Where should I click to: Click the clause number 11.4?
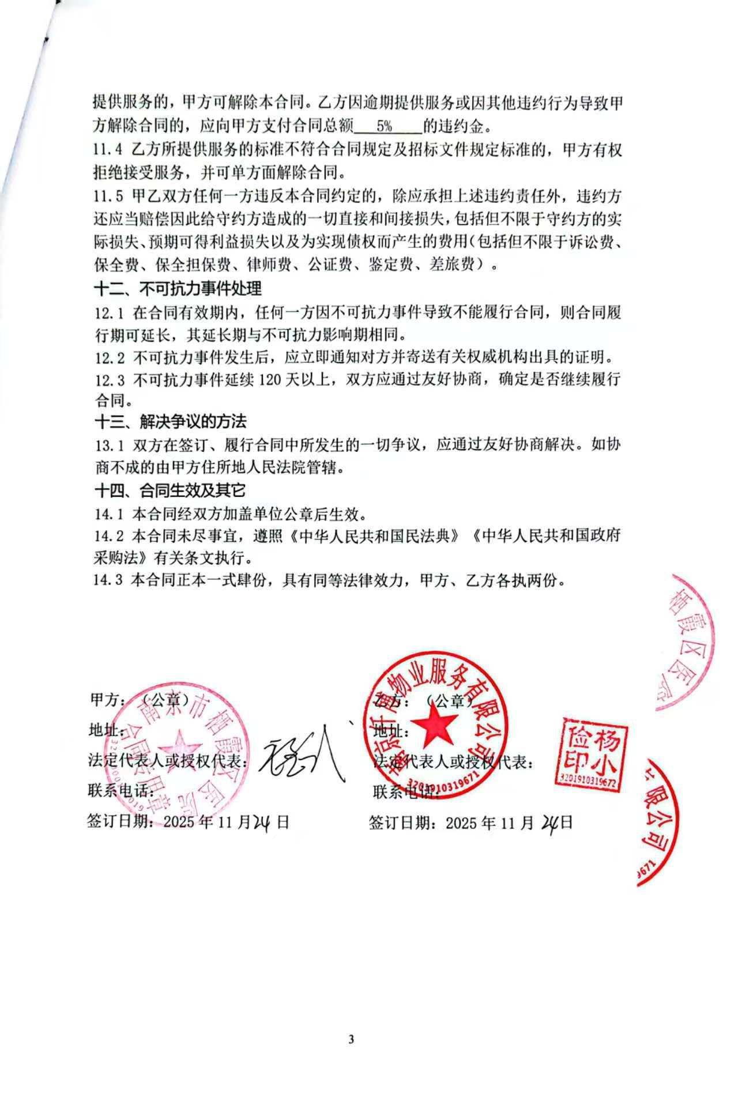point(108,149)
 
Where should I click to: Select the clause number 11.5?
point(108,196)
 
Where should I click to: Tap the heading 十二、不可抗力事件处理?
point(178,288)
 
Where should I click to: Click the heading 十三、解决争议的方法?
point(170,422)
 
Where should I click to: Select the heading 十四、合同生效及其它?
point(170,491)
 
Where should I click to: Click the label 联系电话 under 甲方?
point(113,790)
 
